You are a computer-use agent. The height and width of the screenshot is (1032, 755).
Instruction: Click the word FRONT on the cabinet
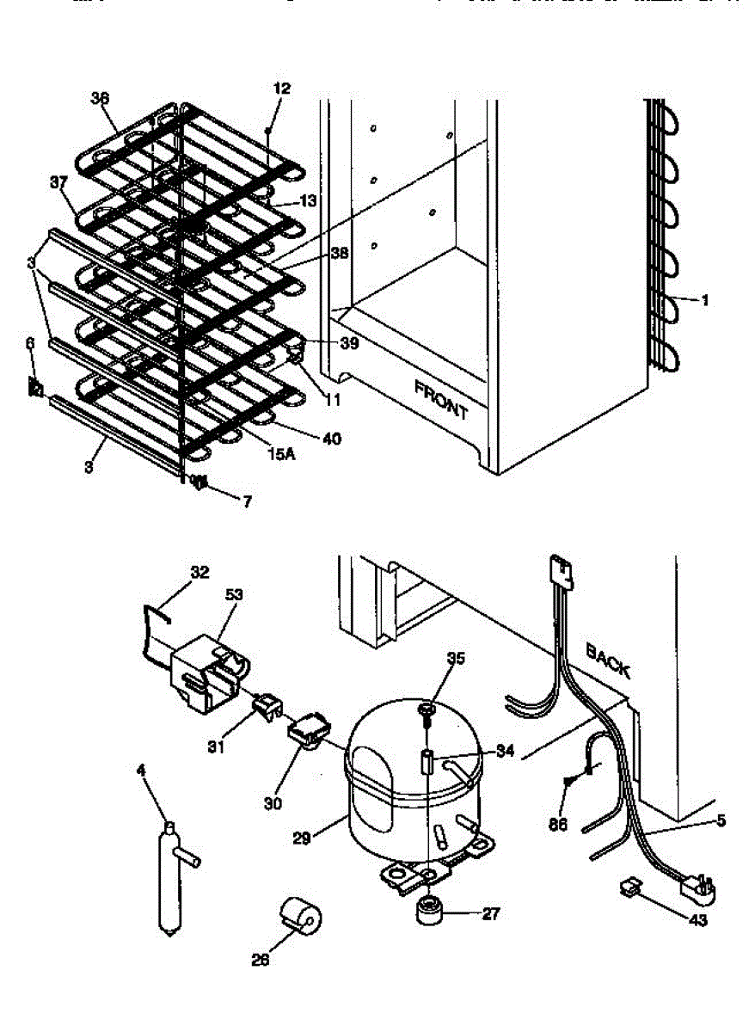point(441,399)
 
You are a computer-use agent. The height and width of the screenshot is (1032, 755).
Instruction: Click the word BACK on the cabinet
point(608,660)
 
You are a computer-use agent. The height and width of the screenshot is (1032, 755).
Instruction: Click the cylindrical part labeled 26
point(301,918)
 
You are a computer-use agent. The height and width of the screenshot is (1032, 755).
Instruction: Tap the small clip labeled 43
point(629,887)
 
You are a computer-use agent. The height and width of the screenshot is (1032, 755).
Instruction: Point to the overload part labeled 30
point(308,731)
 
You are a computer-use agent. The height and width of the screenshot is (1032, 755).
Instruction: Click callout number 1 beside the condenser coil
point(705,301)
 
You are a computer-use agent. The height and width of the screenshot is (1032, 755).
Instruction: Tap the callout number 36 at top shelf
point(100,98)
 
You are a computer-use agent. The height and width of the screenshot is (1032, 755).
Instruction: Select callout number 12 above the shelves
point(282,88)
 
